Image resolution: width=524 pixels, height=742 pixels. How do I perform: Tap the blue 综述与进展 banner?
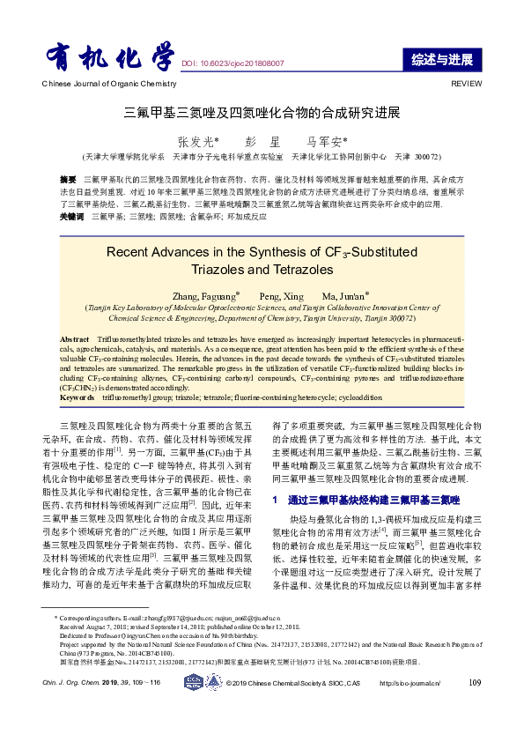(441, 60)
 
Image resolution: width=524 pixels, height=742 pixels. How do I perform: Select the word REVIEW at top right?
(467, 83)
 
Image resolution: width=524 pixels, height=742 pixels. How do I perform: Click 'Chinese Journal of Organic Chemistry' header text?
(97, 83)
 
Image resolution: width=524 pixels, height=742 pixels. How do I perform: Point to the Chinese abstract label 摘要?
(69, 179)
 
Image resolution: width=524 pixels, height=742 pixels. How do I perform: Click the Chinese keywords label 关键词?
(72, 216)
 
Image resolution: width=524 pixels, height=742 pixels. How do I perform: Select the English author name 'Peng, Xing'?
(281, 294)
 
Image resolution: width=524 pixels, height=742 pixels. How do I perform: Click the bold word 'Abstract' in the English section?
(75, 338)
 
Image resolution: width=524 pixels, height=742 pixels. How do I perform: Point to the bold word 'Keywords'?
(77, 398)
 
